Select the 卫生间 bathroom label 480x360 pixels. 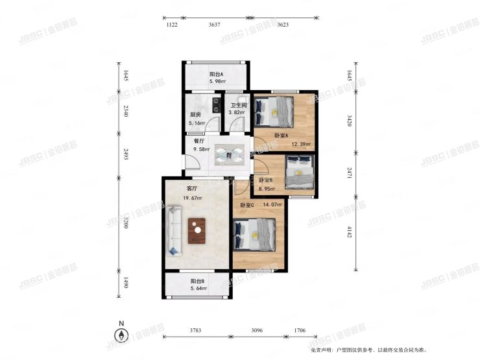coord(239,106)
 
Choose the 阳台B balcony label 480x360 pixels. coord(198,281)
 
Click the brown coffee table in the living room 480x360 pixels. coord(197,230)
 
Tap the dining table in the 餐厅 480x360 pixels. coord(230,154)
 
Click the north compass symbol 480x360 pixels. coord(120,335)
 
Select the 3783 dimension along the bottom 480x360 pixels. coord(195,331)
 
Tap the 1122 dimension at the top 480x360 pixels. coord(172,25)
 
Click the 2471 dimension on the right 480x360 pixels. coord(350,173)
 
